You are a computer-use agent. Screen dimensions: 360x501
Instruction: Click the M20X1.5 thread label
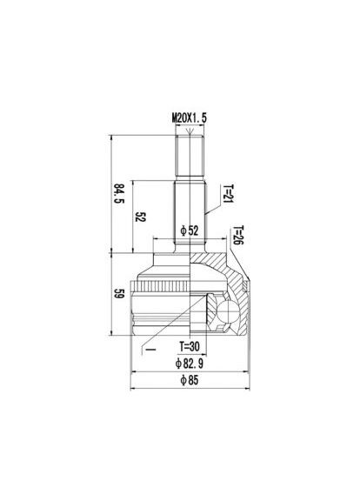(189, 118)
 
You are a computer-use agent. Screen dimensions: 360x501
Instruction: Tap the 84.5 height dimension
(119, 193)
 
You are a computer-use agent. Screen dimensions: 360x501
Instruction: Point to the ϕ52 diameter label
(190, 230)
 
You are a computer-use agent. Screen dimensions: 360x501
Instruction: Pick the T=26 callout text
(238, 236)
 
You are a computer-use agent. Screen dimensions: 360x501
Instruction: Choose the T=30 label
(190, 346)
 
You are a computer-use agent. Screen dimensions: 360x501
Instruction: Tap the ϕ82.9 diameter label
(190, 364)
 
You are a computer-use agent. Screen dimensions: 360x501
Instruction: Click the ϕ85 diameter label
(190, 380)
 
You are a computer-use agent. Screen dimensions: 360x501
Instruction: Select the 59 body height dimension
(119, 294)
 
